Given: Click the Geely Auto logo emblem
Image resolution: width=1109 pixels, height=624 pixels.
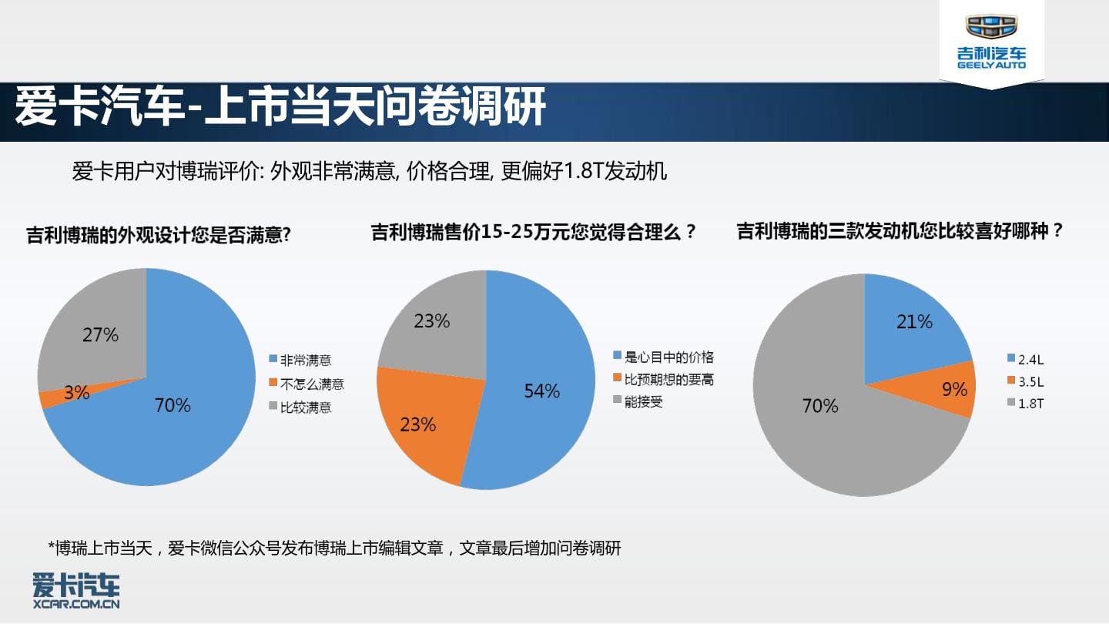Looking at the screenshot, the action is [x=990, y=25].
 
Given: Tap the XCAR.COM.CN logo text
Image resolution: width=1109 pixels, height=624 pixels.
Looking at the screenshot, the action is [x=76, y=604].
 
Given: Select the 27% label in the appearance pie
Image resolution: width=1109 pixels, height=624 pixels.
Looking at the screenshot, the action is [x=100, y=335].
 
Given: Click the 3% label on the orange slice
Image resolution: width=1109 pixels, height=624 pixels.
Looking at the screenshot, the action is [x=77, y=393].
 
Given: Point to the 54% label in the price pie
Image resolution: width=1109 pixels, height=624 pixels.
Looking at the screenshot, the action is [x=542, y=391].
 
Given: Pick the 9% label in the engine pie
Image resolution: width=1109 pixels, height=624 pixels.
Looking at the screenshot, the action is [x=954, y=389].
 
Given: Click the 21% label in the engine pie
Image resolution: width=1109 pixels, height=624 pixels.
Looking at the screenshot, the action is [x=914, y=322].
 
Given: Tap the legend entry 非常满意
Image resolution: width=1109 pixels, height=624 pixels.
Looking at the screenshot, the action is [x=300, y=360].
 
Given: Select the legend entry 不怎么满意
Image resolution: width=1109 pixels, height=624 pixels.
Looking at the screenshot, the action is [x=307, y=384].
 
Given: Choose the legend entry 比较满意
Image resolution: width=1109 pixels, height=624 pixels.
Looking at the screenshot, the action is [x=300, y=407].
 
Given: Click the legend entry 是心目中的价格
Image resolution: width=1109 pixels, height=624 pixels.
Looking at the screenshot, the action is [x=663, y=357].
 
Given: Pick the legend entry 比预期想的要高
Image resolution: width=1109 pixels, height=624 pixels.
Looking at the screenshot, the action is [x=663, y=379].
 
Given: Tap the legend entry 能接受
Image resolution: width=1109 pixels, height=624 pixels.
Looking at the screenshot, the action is [x=638, y=401].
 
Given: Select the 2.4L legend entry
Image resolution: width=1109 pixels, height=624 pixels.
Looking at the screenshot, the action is [x=1026, y=360].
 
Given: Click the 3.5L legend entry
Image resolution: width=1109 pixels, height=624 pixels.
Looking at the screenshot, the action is [x=1026, y=381].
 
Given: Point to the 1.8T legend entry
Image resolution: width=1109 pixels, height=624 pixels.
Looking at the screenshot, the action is [x=1026, y=403].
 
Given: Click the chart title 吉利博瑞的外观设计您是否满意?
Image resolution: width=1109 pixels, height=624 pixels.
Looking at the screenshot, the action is [x=158, y=235].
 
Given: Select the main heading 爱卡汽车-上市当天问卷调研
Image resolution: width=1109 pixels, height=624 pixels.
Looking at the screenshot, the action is [x=280, y=106].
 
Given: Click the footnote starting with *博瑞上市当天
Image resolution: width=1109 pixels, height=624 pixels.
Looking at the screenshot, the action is [x=334, y=549].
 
